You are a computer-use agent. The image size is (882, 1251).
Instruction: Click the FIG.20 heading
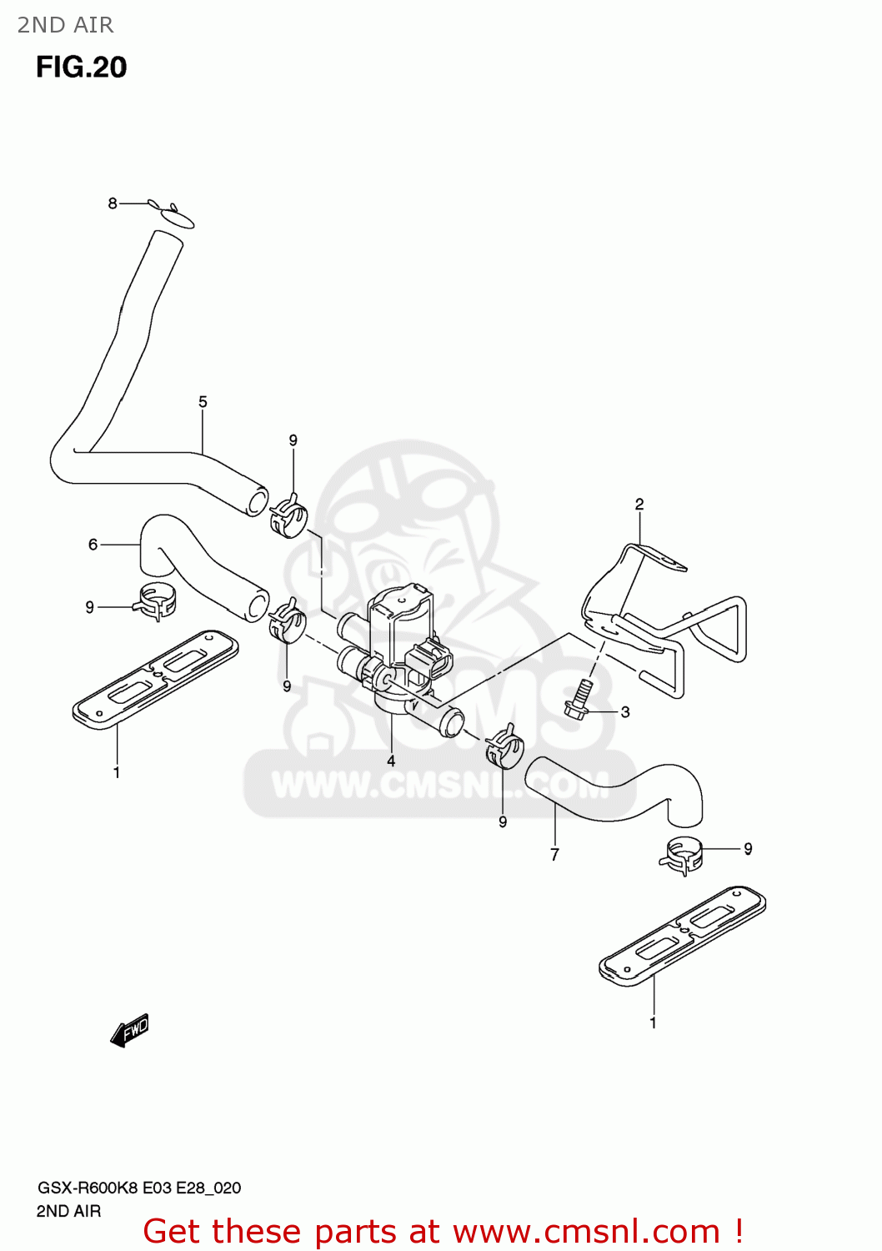point(81,67)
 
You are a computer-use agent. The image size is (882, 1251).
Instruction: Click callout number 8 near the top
point(113,203)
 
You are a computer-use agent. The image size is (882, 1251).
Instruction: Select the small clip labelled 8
point(173,214)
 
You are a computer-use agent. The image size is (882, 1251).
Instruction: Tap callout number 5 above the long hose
point(203,402)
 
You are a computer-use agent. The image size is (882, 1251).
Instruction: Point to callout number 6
point(93,545)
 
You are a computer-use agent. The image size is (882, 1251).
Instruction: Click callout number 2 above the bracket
point(639,505)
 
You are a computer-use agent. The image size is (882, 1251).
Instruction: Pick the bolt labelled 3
point(579,699)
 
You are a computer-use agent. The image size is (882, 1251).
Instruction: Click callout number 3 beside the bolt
point(625,712)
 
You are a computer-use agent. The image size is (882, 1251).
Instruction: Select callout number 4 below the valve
point(390,761)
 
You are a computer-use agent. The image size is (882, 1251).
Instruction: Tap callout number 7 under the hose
point(554,855)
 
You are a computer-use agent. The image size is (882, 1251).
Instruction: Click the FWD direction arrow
point(129,1031)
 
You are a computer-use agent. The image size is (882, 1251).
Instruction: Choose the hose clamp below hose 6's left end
point(157,602)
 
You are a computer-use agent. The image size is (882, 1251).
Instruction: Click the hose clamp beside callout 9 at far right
point(684,854)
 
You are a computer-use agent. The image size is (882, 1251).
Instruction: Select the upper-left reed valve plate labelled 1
point(156,676)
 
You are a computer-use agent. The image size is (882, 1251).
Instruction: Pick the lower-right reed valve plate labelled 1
point(682,933)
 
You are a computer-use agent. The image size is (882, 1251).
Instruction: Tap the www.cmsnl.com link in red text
point(586,1231)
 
